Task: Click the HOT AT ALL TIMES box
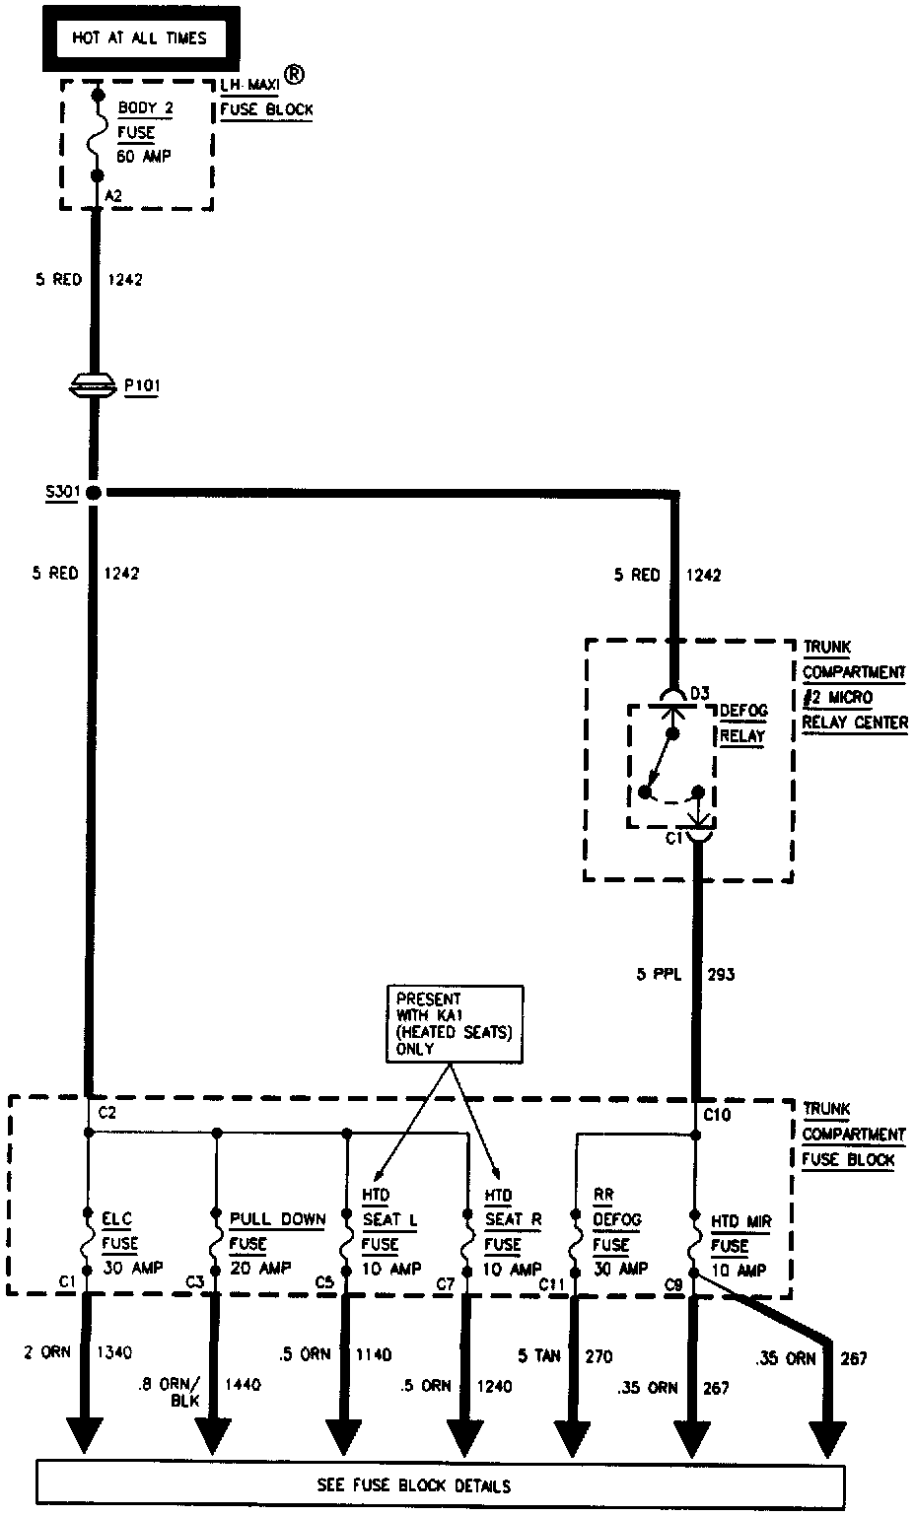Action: pyautogui.click(x=140, y=38)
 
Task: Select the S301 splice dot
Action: pyautogui.click(x=94, y=492)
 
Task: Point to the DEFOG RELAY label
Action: pyautogui.click(x=742, y=723)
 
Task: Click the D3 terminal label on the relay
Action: pyautogui.click(x=699, y=694)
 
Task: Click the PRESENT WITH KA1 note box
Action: pyautogui.click(x=455, y=1024)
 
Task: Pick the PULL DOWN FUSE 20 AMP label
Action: pyautogui.click(x=276, y=1243)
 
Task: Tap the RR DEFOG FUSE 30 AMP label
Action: pyautogui.click(x=616, y=1231)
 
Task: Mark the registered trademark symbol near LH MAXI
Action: pyautogui.click(x=294, y=74)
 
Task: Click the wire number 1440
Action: pyautogui.click(x=244, y=1385)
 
